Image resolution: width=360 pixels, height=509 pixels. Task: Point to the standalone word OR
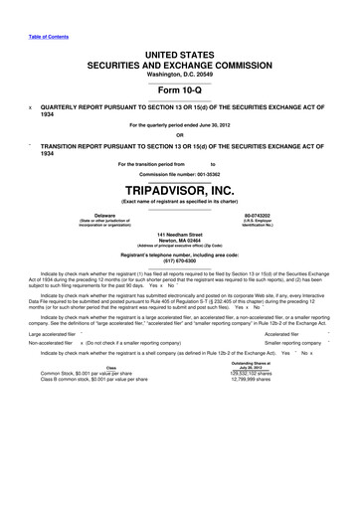click(179, 136)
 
